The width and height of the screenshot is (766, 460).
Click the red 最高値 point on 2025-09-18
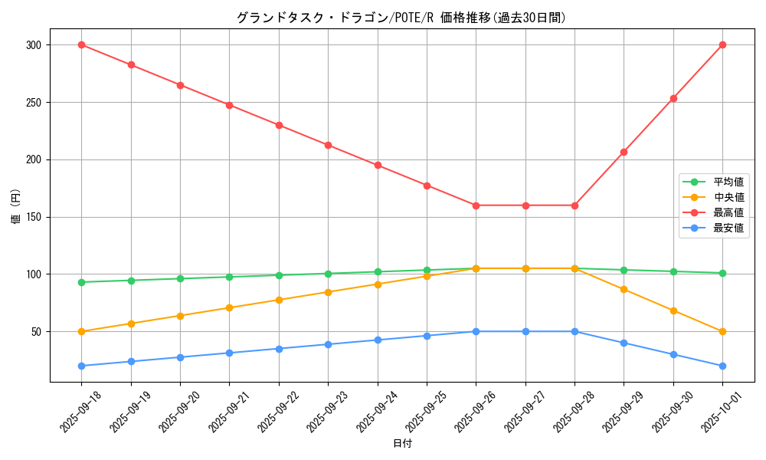click(81, 44)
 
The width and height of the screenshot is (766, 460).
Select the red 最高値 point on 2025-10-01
click(722, 44)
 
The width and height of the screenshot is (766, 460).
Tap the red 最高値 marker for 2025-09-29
click(624, 152)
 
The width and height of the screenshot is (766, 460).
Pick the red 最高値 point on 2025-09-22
click(279, 125)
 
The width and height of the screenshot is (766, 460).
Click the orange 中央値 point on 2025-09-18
click(81, 331)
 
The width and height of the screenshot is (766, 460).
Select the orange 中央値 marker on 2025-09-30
click(673, 310)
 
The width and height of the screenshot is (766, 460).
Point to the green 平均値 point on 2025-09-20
click(180, 278)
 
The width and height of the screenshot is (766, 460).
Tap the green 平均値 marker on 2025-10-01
click(722, 273)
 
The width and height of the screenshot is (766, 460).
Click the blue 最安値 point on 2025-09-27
click(525, 331)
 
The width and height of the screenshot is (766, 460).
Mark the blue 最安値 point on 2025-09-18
click(81, 366)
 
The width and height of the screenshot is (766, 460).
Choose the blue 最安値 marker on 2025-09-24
click(378, 340)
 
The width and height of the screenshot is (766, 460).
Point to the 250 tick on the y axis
click(33, 102)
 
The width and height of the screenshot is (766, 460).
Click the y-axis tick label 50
click(35, 331)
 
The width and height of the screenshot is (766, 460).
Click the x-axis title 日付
click(402, 444)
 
